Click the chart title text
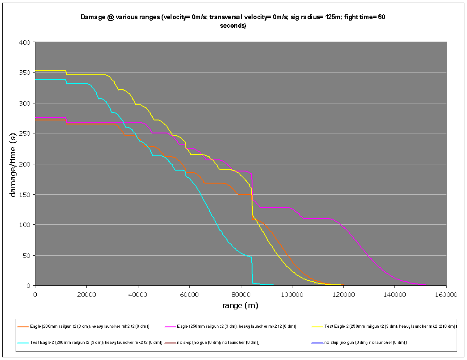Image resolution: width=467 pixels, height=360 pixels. (x=233, y=21)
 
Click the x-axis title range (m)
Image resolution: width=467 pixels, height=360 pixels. (x=240, y=306)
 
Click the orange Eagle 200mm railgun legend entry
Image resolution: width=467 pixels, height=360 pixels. (x=90, y=326)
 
